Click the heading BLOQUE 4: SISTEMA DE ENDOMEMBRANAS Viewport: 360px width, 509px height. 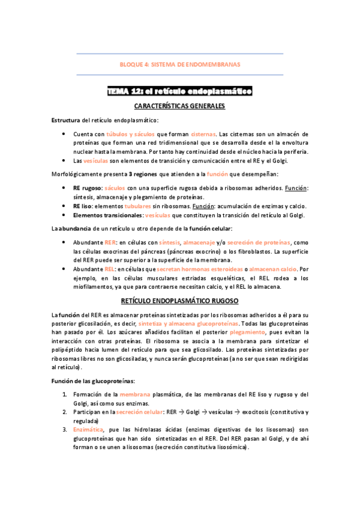pos(180,64)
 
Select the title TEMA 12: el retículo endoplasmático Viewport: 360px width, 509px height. pos(180,91)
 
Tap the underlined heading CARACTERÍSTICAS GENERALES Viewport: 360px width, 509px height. pos(180,106)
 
